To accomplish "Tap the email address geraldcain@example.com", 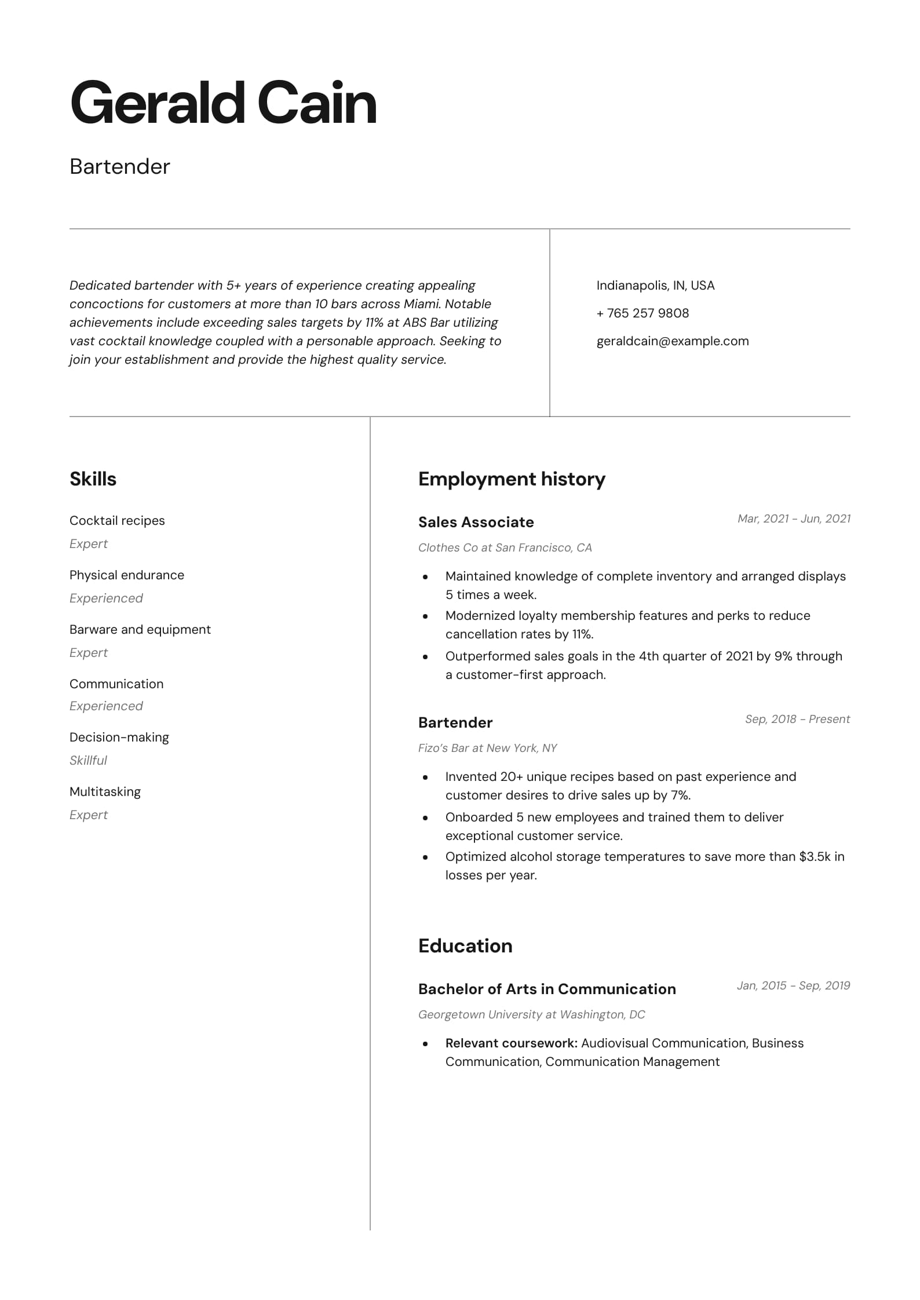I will (x=672, y=341).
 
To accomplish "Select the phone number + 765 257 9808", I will (x=642, y=313).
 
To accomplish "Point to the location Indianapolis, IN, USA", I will (x=655, y=286).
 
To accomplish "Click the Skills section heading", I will (x=93, y=479).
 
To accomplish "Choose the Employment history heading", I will (x=512, y=479).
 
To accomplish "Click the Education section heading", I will (x=465, y=946).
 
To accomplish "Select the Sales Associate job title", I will (x=476, y=522).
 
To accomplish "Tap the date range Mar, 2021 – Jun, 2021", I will (x=794, y=518).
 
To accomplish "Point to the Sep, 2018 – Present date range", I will (x=797, y=719).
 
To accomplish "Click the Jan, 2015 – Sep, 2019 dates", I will (x=793, y=985).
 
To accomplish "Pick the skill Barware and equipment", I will (x=140, y=630).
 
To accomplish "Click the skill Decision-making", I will (x=119, y=737).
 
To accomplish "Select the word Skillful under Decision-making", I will (x=88, y=761).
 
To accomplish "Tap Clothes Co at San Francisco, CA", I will (x=505, y=547).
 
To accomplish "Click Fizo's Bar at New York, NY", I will (x=487, y=748).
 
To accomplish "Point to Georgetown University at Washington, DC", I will (x=531, y=1014).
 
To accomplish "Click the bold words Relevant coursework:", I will (x=511, y=1043).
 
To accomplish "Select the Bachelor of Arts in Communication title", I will (x=547, y=989).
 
